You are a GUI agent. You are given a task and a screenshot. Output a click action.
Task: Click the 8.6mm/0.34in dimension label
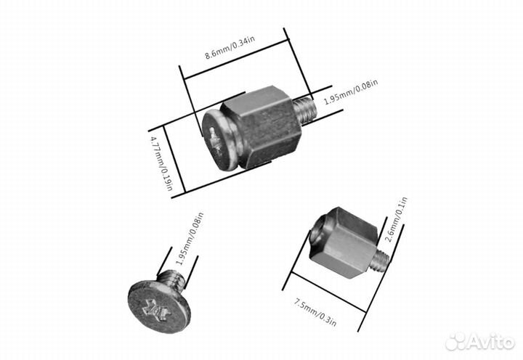click(230, 47)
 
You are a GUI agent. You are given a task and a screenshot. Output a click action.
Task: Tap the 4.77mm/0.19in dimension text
click(161, 163)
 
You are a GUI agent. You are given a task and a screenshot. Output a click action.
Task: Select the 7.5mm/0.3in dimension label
click(315, 312)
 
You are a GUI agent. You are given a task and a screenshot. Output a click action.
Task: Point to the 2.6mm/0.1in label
click(396, 220)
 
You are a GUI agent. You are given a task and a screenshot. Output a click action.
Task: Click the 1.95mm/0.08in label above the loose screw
click(190, 239)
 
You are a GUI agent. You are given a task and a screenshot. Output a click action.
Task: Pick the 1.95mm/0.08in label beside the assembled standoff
click(351, 91)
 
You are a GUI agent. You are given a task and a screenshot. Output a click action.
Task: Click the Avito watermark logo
click(480, 342)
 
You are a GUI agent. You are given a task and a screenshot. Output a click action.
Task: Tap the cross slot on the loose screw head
click(156, 311)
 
